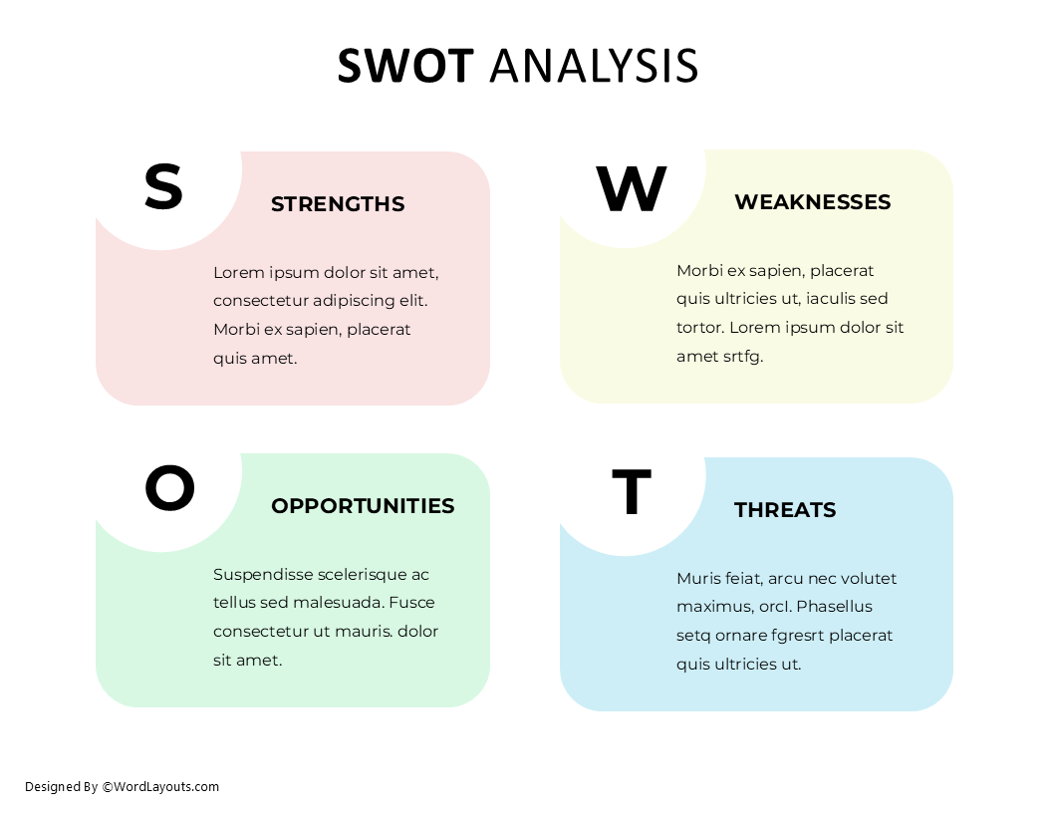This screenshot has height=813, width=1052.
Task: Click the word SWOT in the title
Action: click(404, 66)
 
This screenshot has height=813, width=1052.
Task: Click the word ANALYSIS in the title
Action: click(594, 66)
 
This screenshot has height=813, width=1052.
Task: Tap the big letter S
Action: click(163, 186)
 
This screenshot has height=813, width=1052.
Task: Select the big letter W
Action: click(631, 189)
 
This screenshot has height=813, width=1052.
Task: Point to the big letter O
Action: click(169, 488)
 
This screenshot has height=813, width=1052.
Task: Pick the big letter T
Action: click(631, 492)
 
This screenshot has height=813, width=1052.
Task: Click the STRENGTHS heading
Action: click(338, 204)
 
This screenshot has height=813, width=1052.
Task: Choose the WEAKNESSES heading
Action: click(812, 202)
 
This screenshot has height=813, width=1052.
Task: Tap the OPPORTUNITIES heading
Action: click(363, 506)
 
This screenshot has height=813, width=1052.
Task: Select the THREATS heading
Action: click(785, 510)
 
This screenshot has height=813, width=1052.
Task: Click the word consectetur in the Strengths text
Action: click(260, 301)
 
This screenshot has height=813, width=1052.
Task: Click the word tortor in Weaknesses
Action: click(699, 327)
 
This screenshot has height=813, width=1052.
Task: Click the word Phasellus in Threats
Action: click(834, 607)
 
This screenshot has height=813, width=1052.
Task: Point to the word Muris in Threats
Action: click(697, 579)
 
